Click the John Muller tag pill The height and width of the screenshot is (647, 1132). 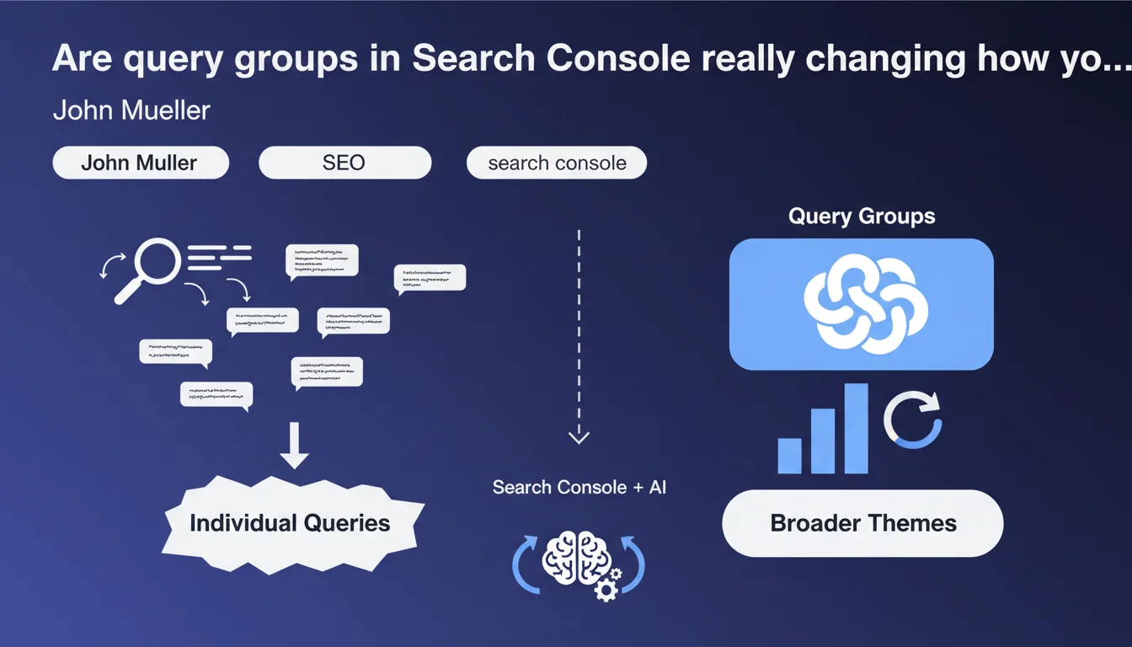[x=140, y=163]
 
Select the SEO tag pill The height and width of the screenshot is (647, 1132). [x=344, y=163]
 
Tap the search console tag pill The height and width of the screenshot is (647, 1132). [x=557, y=163]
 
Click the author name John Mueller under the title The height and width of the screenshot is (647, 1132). [x=131, y=110]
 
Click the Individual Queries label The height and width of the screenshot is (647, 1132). [x=290, y=523]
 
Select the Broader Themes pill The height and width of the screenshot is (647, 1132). [x=863, y=523]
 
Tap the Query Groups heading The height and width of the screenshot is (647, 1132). [x=862, y=217]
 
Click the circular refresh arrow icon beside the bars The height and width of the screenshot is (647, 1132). [x=913, y=419]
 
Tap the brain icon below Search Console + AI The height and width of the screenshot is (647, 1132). [x=577, y=559]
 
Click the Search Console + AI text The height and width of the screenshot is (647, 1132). [x=579, y=487]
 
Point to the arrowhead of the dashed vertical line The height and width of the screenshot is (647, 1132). [x=579, y=436]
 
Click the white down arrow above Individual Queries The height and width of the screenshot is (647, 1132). [x=295, y=446]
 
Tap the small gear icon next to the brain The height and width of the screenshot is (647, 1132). [x=606, y=589]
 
